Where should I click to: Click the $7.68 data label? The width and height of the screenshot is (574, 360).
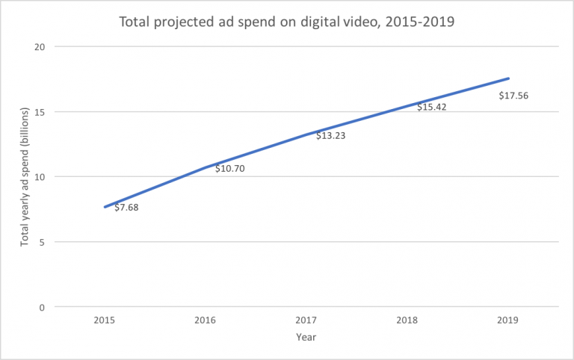126,207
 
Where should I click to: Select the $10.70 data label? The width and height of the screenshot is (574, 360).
229,168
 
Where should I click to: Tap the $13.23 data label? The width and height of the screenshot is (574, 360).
330,135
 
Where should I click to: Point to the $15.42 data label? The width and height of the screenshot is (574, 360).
431,107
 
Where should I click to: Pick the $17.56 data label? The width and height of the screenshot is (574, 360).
514,95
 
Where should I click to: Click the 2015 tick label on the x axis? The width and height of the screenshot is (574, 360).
104,320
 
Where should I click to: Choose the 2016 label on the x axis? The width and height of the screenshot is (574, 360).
205,320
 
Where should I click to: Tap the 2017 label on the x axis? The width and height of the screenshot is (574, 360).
306,320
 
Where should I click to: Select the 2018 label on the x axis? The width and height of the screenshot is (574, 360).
407,320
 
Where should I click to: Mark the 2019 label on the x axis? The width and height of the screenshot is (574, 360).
507,320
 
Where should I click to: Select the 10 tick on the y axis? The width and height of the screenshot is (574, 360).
40,177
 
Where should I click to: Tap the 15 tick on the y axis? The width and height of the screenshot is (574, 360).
40,112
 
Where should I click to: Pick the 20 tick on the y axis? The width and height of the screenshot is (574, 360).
40,47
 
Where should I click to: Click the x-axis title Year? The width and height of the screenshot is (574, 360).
306,338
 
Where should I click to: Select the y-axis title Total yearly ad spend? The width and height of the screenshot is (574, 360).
25,177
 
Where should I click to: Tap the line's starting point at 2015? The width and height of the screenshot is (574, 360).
105,207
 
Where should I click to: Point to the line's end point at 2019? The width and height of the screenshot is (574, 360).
508,78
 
